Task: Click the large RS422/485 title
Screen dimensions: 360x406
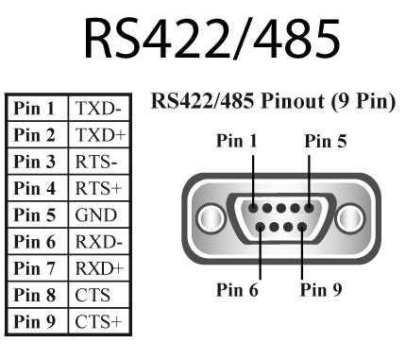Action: point(203,41)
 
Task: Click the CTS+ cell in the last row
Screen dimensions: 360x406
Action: point(97,322)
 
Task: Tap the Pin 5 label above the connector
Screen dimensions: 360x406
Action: point(326,141)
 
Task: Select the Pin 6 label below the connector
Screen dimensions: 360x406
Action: point(236,290)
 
